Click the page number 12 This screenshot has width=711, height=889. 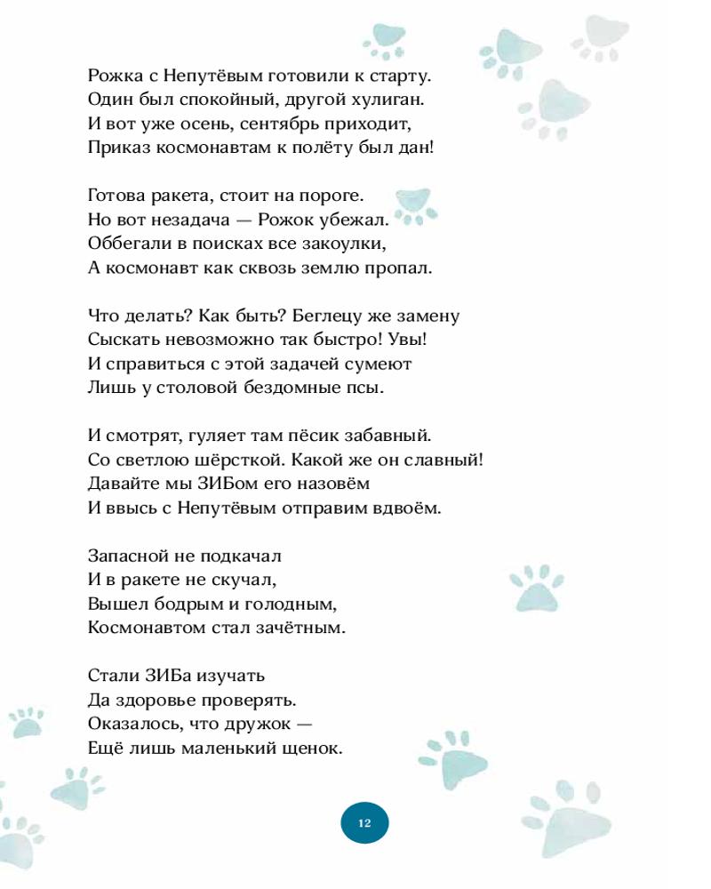[364, 822]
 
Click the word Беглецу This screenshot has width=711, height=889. [326, 315]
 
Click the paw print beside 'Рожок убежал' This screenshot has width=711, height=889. [411, 205]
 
